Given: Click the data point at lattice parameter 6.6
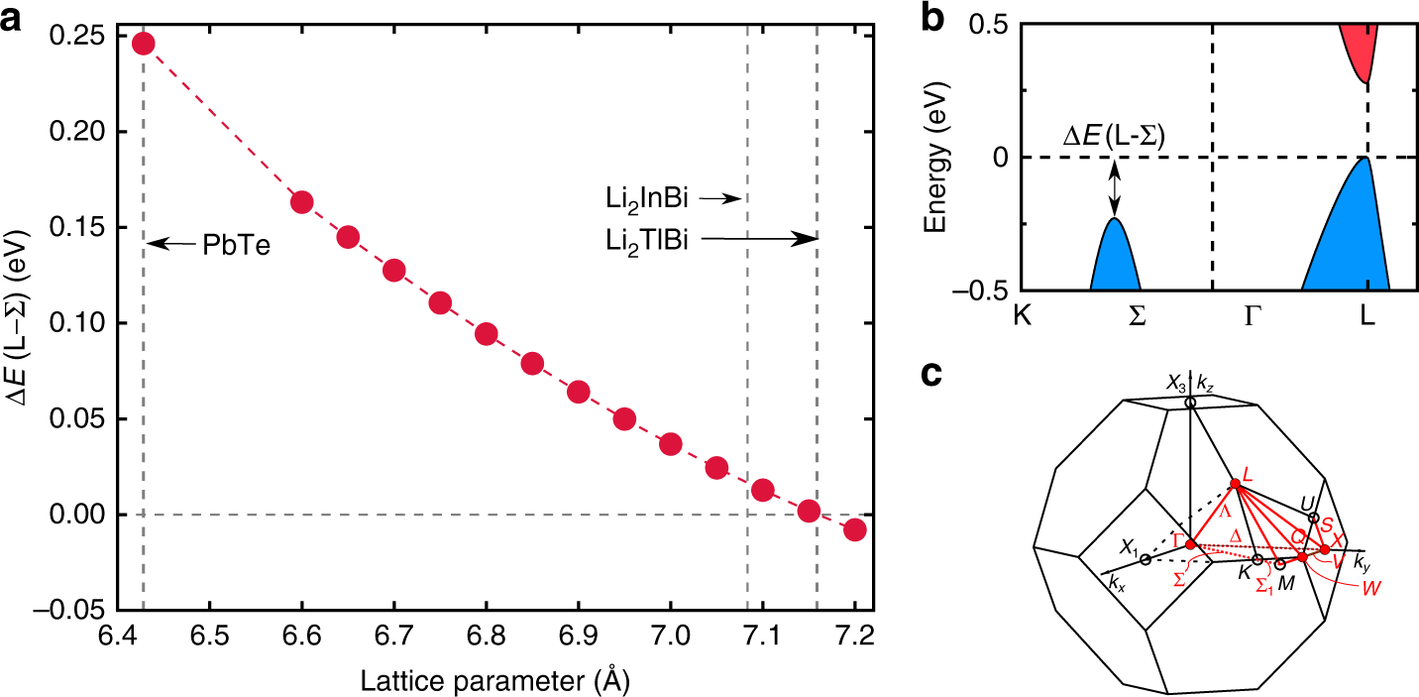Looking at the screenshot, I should click(x=302, y=202).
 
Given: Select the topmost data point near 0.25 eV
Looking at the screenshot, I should click(x=143, y=44).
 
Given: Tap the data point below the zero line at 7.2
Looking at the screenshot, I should click(x=855, y=529).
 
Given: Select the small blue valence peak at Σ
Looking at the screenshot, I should click(x=1115, y=260).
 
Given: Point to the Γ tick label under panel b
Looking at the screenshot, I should click(x=1213, y=318).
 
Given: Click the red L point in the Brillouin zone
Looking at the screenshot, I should click(x=1235, y=484).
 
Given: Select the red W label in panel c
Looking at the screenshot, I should click(x=1371, y=585).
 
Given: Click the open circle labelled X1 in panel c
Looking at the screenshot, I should click(x=1146, y=560).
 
